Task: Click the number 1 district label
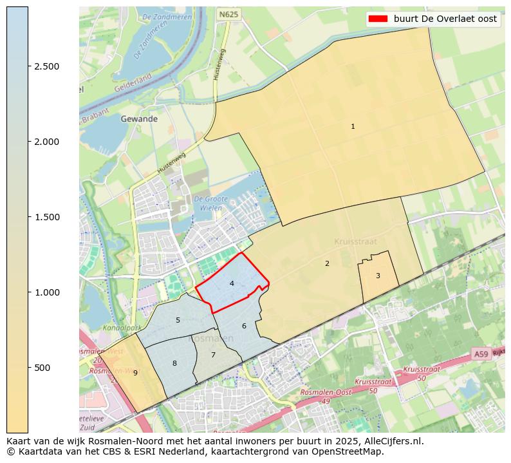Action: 353,127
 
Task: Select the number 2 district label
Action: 327,263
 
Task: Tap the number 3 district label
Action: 378,276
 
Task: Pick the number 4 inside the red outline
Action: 232,283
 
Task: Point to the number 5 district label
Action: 178,320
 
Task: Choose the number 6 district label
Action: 244,326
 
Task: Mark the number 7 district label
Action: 213,355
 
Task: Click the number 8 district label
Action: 174,364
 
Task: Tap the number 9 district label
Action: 135,373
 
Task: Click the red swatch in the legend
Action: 378,19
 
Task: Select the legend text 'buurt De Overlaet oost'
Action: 445,19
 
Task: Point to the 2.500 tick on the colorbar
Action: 46,66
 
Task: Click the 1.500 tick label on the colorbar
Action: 46,217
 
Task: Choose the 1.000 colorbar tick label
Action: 46,292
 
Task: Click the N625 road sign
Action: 227,14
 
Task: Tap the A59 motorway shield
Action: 481,354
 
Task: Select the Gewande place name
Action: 139,119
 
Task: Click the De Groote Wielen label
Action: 210,203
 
